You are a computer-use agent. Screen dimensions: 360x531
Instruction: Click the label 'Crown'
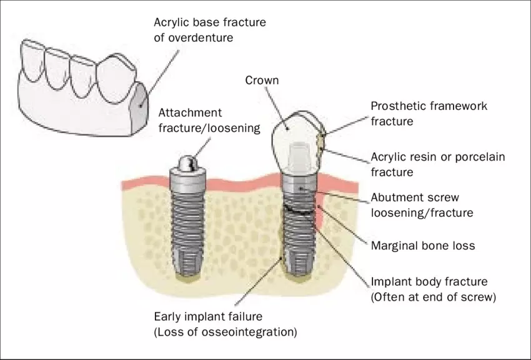pyautogui.click(x=261, y=81)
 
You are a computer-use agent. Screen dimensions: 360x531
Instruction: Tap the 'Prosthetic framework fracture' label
pyautogui.click(x=429, y=113)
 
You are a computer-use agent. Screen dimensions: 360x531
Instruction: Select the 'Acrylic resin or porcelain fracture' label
pyautogui.click(x=437, y=164)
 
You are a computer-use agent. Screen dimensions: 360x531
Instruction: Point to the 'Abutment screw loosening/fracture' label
pyautogui.click(x=422, y=205)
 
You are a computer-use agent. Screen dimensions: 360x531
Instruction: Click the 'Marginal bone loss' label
pyautogui.click(x=423, y=246)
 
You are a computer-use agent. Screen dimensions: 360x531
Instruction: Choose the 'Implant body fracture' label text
pyautogui.click(x=429, y=282)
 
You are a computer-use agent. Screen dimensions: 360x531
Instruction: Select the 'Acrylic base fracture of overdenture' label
pyautogui.click(x=210, y=29)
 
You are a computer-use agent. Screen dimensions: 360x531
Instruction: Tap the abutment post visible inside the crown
pyautogui.click(x=299, y=156)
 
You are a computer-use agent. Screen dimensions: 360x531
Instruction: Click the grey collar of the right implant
pyautogui.click(x=299, y=188)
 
